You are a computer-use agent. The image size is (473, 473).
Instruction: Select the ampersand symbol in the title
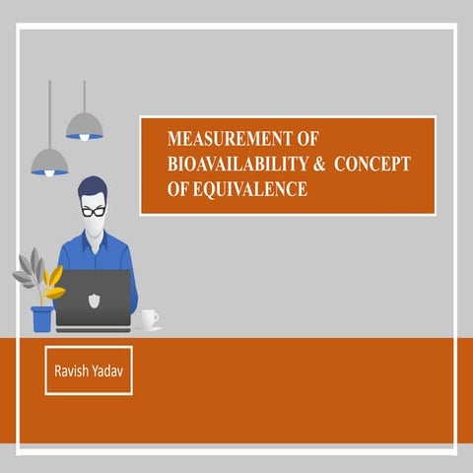tap(318, 165)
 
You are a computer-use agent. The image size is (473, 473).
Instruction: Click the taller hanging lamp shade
tap(85, 125)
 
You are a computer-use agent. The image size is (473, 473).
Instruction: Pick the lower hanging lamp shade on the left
tap(49, 161)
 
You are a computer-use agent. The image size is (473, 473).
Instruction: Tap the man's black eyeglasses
tap(94, 211)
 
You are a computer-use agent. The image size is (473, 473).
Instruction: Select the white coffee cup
tap(148, 318)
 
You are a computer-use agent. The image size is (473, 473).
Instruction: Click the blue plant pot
tap(41, 318)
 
